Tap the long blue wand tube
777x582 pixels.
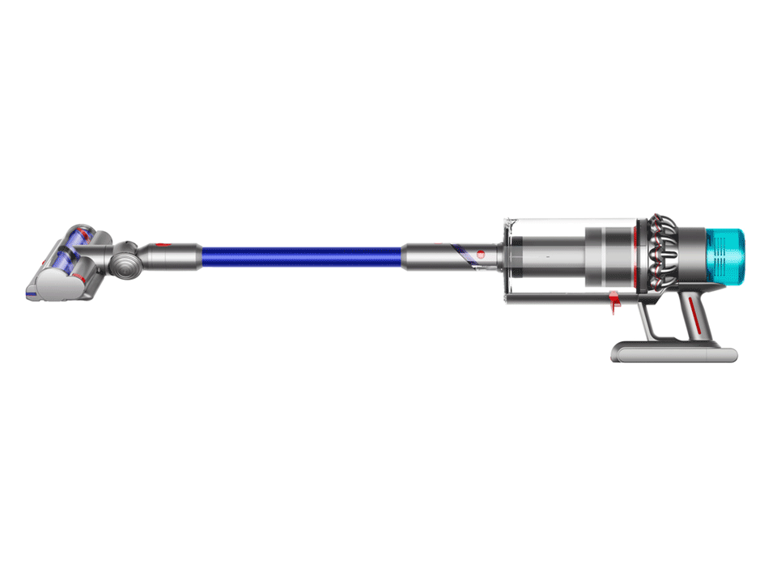point(301,257)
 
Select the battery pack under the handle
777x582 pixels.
point(673,353)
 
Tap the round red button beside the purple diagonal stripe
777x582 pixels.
point(480,254)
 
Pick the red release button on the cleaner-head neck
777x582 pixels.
point(161,242)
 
